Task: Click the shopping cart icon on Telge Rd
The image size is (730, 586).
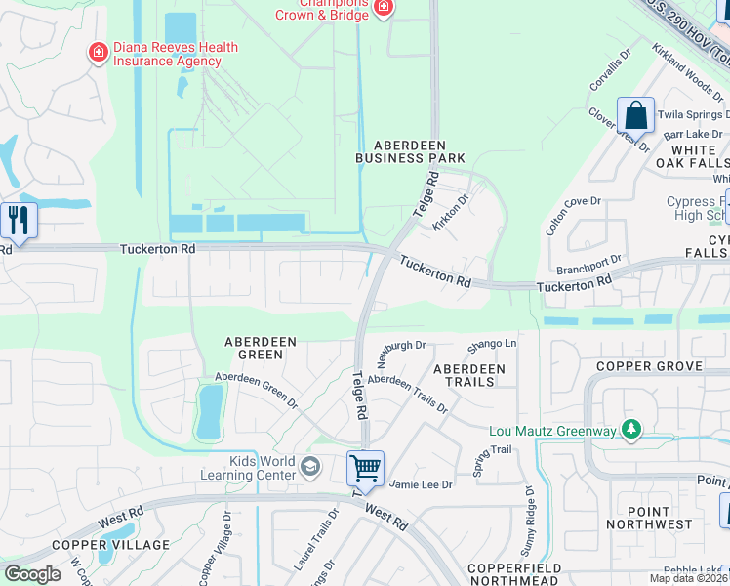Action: click(x=366, y=467)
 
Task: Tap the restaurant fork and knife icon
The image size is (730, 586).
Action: click(x=18, y=220)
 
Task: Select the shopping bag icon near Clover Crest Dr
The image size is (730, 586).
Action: click(x=635, y=114)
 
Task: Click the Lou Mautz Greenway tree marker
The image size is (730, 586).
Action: click(x=632, y=429)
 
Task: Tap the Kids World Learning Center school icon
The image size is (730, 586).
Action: click(x=310, y=466)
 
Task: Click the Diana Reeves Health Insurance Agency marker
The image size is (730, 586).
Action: click(x=98, y=52)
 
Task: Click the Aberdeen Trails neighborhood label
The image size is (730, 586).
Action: click(x=469, y=375)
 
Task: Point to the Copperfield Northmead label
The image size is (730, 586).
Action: click(x=512, y=573)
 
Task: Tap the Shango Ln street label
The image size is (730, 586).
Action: click(x=491, y=345)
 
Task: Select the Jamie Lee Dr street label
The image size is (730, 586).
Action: click(x=422, y=484)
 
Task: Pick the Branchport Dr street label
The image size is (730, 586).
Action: click(x=589, y=265)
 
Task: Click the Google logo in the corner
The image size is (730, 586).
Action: click(x=32, y=573)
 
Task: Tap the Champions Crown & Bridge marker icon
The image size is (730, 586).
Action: click(x=384, y=9)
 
